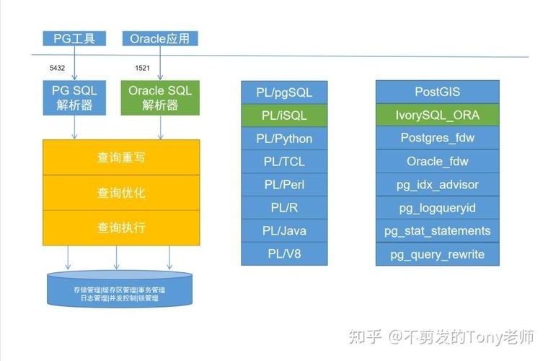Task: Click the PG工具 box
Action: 74,38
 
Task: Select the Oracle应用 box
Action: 160,38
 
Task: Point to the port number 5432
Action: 57,68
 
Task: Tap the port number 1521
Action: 142,68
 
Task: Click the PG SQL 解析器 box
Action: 74,97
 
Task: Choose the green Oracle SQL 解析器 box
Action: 160,97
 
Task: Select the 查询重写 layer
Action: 121,157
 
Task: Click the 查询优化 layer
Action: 121,193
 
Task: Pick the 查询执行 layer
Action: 121,227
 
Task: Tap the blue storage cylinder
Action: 120,289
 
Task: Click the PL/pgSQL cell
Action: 284,92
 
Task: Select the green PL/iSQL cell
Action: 284,115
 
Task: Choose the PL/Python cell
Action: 284,138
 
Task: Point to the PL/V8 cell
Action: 284,253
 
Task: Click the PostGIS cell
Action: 437,92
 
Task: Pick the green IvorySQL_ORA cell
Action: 437,115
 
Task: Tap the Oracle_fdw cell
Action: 437,161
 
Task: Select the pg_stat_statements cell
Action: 437,231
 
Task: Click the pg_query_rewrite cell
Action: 437,254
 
